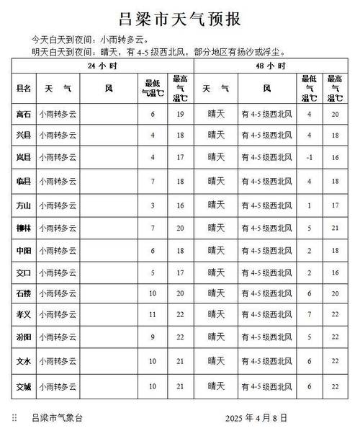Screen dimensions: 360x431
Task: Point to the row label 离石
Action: coord(24,113)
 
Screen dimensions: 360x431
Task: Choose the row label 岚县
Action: coord(24,156)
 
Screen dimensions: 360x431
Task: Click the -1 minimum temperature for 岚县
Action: coord(309,156)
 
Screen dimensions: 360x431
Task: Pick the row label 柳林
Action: coord(24,228)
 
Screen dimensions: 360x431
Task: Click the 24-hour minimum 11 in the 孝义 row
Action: coord(153,316)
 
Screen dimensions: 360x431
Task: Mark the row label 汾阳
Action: coord(24,337)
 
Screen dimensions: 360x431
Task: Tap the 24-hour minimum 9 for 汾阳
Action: coord(153,337)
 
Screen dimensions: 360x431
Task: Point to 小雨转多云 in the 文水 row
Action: coord(58,361)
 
